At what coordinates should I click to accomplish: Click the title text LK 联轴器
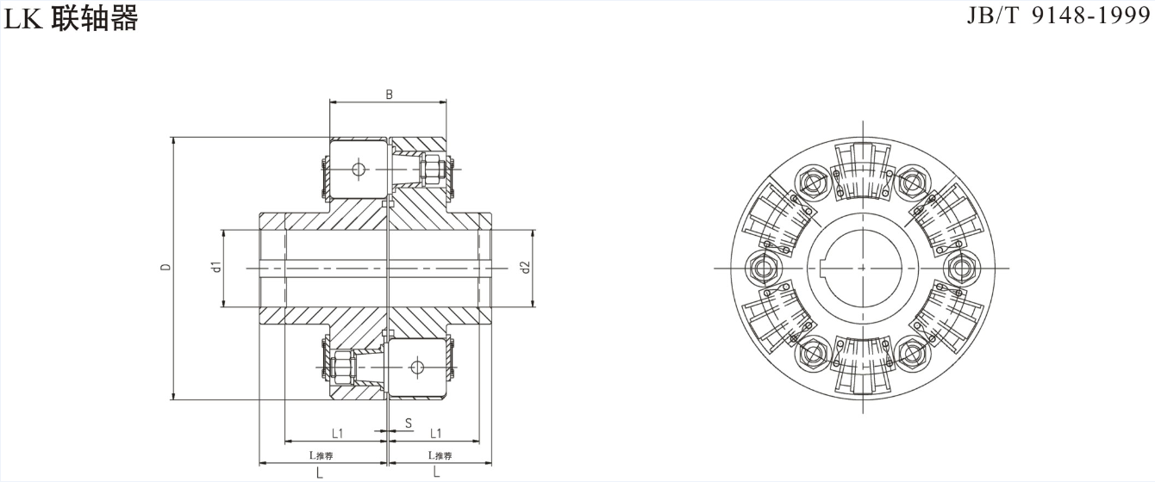tap(71, 19)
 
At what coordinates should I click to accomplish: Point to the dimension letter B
tap(389, 95)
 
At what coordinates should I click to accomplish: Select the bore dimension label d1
tap(217, 268)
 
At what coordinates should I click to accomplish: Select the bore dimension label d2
tap(525, 268)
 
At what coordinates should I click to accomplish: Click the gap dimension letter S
tap(409, 423)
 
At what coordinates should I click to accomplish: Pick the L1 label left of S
tap(338, 432)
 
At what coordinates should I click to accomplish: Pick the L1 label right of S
tap(437, 432)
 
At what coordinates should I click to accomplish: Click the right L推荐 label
tap(440, 455)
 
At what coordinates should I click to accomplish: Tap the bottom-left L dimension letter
tap(320, 473)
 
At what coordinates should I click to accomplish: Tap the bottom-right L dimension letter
tap(437, 473)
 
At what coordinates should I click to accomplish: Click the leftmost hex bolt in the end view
tap(765, 269)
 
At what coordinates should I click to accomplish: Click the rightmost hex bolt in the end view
tap(958, 269)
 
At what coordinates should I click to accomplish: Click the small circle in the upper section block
tap(359, 169)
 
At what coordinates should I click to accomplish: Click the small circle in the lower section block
tap(418, 368)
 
